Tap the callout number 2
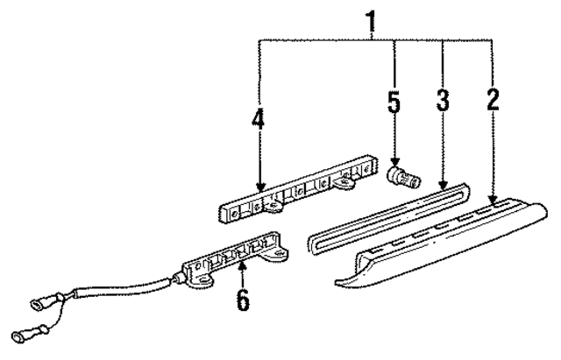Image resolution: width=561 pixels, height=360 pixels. [x=494, y=98]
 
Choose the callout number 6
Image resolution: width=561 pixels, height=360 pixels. [x=243, y=300]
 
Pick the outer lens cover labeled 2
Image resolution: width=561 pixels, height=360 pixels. [x=438, y=245]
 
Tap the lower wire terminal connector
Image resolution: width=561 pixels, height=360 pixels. [x=22, y=335]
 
